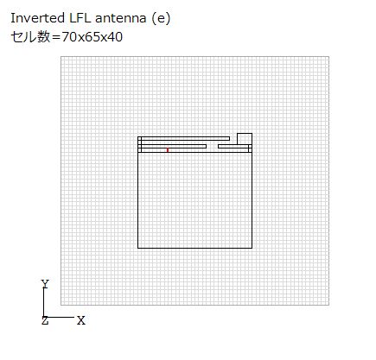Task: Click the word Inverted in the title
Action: point(38,18)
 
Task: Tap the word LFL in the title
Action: point(80,18)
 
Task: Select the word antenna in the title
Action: point(121,19)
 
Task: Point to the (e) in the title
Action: point(161,18)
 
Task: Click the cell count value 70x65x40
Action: point(92,37)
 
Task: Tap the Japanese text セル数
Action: point(30,37)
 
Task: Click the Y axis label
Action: point(45,284)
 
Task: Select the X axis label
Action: point(81,320)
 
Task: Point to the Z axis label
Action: point(45,320)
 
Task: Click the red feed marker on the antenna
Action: point(168,149)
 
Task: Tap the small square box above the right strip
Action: point(245,139)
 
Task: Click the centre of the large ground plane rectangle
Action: point(194,200)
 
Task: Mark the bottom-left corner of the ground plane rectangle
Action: point(138,248)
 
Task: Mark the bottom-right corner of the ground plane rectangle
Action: point(252,248)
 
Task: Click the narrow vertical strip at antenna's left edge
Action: point(140,144)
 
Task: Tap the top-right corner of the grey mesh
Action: point(328,57)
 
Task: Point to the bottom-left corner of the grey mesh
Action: point(61,305)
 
